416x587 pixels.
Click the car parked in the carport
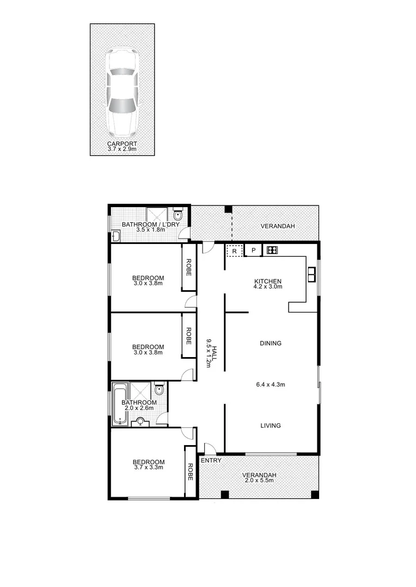(x=121, y=93)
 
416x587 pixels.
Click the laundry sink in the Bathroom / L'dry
(x=115, y=236)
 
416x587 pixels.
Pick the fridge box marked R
(x=234, y=251)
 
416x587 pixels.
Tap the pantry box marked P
(x=253, y=251)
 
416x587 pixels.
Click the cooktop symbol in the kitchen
(x=272, y=251)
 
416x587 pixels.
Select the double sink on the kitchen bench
(x=312, y=274)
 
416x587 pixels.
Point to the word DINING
(x=270, y=343)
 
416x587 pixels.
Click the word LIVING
(x=270, y=426)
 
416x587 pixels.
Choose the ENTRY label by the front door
(x=211, y=461)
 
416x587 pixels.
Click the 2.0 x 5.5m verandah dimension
(x=260, y=480)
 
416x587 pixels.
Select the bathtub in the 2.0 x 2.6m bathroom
(x=119, y=404)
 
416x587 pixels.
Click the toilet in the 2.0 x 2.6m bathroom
(x=159, y=390)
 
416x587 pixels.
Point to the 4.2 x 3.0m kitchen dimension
(x=268, y=286)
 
